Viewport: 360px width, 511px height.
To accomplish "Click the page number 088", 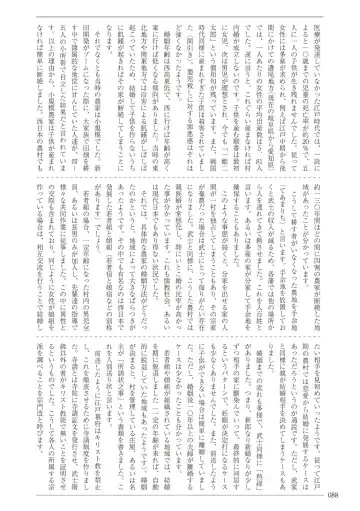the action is click(343, 497).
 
